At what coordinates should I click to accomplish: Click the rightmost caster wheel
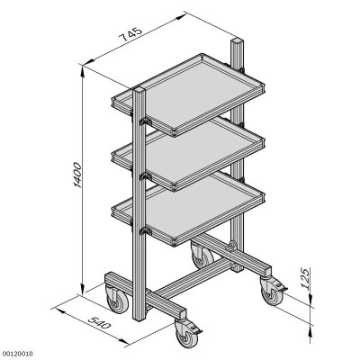[x=271, y=292]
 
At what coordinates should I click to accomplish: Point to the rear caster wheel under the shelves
[x=200, y=257]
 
